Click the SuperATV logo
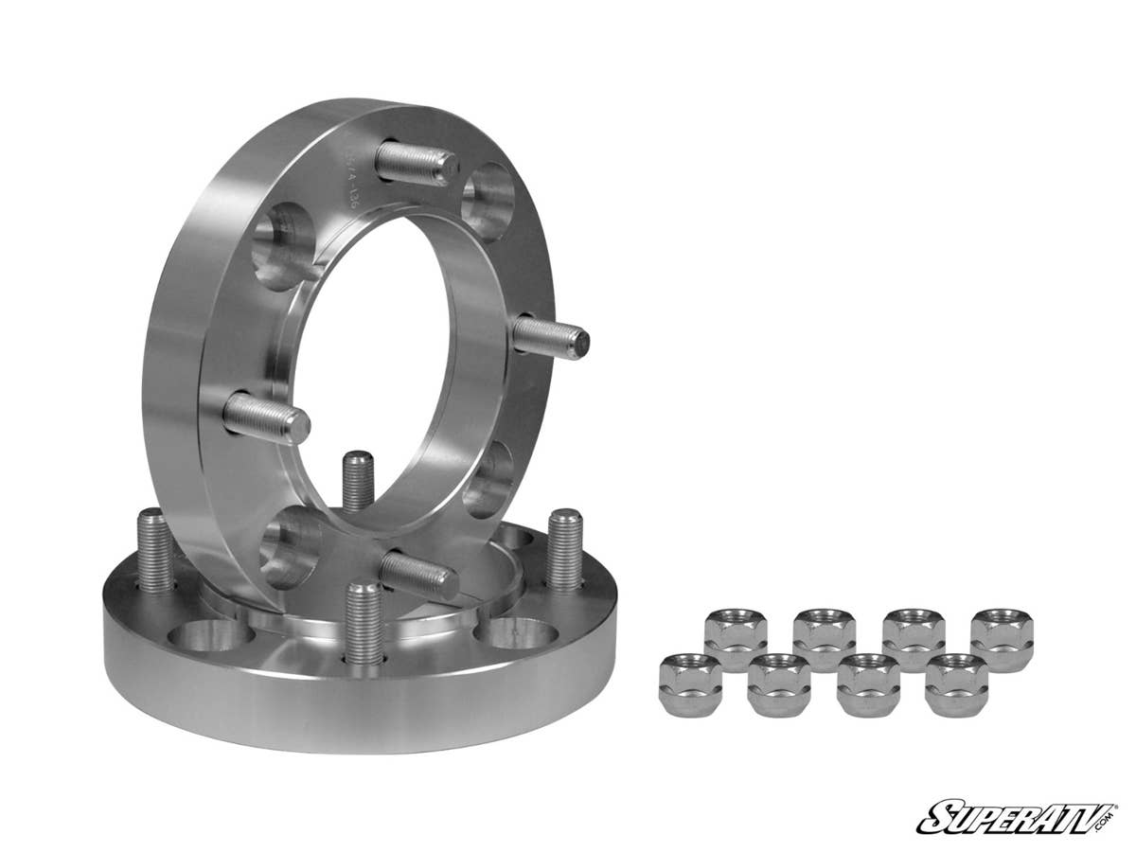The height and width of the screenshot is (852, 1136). [1010, 815]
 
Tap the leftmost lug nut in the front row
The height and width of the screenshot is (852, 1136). [690, 684]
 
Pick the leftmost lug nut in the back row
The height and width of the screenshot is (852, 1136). [736, 640]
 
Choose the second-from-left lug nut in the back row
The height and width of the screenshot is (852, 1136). [824, 640]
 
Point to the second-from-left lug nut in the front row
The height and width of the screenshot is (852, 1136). [779, 684]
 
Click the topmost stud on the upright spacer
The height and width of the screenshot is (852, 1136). [417, 162]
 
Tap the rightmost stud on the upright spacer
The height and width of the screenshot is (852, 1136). [551, 336]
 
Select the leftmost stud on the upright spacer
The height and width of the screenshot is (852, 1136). [266, 418]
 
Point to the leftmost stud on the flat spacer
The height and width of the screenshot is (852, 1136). [154, 550]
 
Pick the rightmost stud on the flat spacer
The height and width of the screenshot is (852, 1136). [565, 550]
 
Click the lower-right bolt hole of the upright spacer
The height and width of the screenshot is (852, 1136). [489, 479]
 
